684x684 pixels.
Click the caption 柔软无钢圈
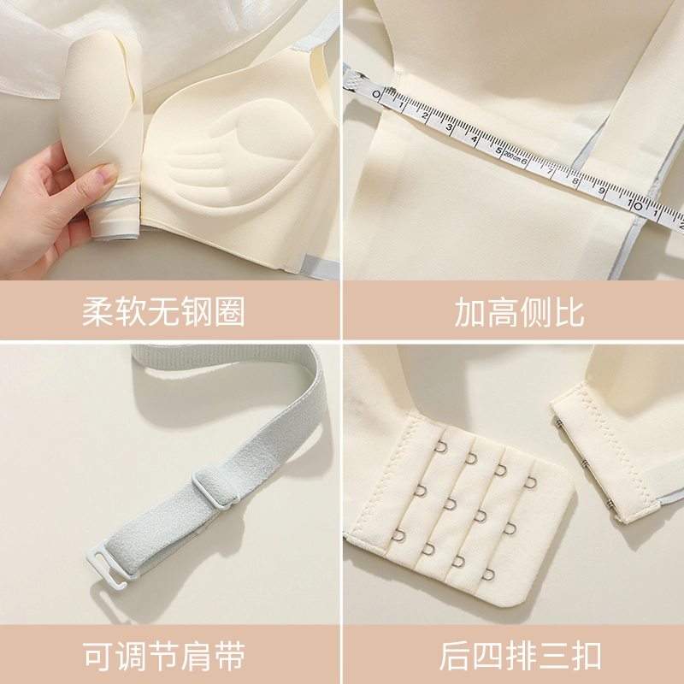tap(163, 311)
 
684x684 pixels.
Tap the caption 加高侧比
tap(519, 311)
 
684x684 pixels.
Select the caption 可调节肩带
tap(163, 655)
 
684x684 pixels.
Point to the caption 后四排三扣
tap(520, 655)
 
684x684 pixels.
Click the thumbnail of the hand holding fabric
tap(169, 139)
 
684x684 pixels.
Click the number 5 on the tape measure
tap(499, 150)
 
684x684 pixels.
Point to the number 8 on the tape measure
tap(575, 180)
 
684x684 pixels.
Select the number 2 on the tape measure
tap(424, 116)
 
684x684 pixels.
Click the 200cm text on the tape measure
tap(512, 156)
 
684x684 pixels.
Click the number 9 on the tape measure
tap(602, 190)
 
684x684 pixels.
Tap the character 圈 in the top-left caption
tap(230, 311)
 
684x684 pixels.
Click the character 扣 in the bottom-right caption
tap(587, 655)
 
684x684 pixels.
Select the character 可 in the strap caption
tap(97, 655)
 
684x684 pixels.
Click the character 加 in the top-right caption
tap(469, 311)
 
